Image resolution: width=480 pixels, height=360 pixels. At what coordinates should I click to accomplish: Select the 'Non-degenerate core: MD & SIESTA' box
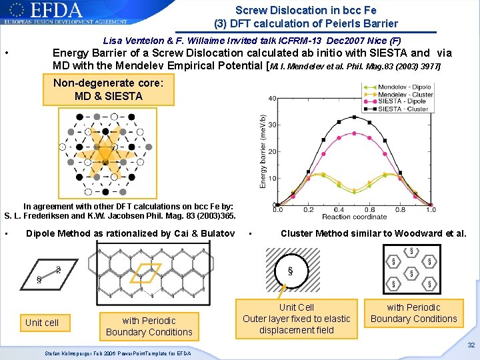pyautogui.click(x=109, y=89)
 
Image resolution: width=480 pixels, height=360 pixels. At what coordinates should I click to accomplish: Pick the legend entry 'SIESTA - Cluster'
pyautogui.click(x=403, y=109)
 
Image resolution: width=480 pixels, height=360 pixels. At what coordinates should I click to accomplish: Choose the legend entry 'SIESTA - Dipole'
pyautogui.click(x=403, y=101)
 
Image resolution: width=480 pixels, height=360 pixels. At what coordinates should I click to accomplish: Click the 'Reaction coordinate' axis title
pyautogui.click(x=355, y=217)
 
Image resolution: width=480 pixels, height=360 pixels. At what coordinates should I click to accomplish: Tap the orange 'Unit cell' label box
pyautogui.click(x=42, y=323)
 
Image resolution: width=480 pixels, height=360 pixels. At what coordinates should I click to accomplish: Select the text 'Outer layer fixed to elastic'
pyautogui.click(x=296, y=319)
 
